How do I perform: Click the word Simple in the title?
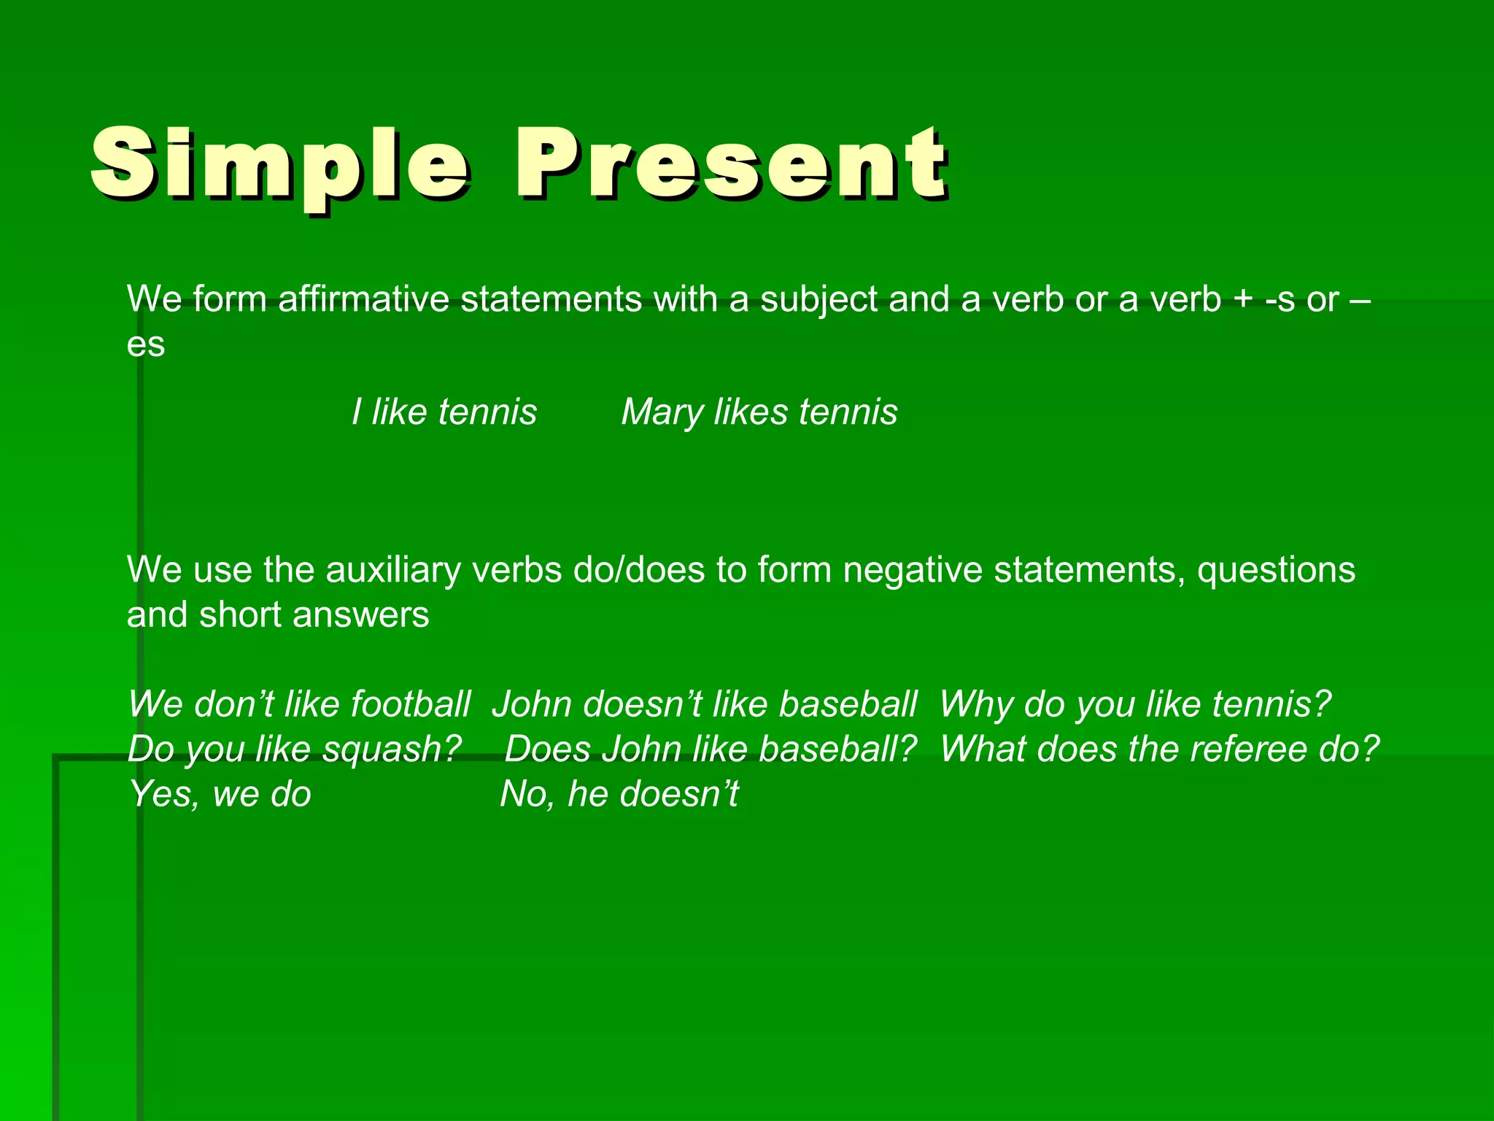pyautogui.click(x=280, y=165)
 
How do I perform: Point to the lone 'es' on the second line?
pyautogui.click(x=146, y=344)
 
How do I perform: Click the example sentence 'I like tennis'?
pyautogui.click(x=444, y=412)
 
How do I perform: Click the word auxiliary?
pyautogui.click(x=393, y=570)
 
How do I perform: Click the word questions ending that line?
pyautogui.click(x=1276, y=571)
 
